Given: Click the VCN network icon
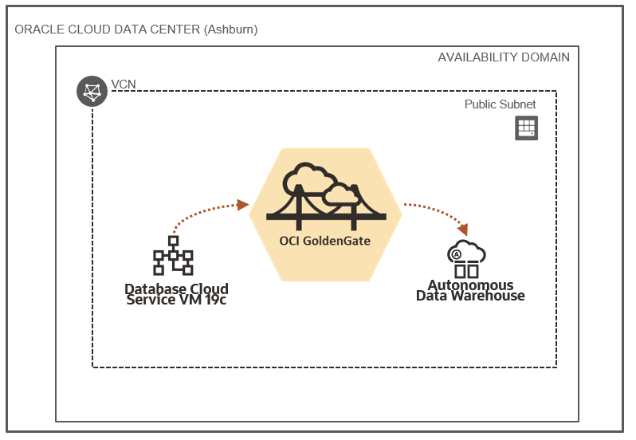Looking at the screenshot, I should (92, 92).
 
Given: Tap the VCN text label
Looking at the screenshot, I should (124, 84).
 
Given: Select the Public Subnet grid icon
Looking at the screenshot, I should (526, 128).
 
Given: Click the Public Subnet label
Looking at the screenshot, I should (500, 104).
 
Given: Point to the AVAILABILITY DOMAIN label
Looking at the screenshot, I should (504, 57).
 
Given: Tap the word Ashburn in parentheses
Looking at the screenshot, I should (230, 29).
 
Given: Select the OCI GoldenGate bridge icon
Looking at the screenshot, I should (327, 192).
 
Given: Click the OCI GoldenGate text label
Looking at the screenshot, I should (325, 240).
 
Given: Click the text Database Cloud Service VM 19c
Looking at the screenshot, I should (176, 294).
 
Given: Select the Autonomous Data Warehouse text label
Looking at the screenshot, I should (470, 290).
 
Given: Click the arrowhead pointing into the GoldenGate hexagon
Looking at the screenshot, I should (243, 205).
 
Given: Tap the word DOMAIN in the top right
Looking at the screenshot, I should (547, 57).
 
